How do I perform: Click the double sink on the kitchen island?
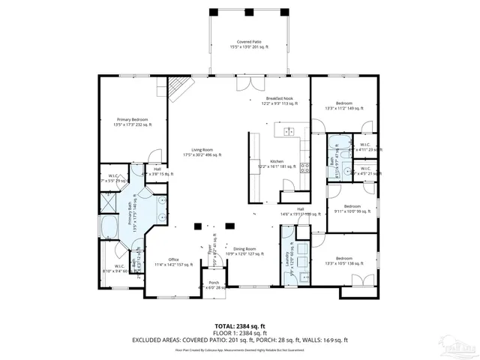tap(288, 132)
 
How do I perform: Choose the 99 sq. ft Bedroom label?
tap(352, 208)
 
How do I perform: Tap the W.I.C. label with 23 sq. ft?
tap(364, 146)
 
